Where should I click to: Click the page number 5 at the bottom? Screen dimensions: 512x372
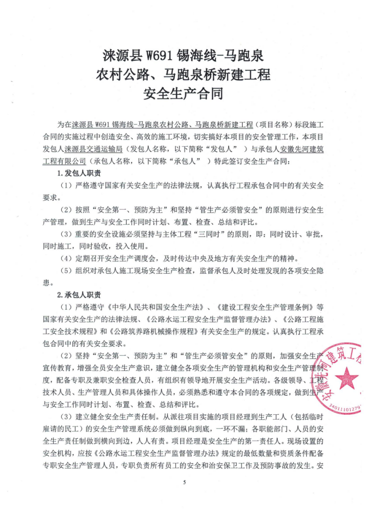(x=185, y=481)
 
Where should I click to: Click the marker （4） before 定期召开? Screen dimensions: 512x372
(x=65, y=259)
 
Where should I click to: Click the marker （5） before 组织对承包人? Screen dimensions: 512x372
(x=65, y=271)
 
